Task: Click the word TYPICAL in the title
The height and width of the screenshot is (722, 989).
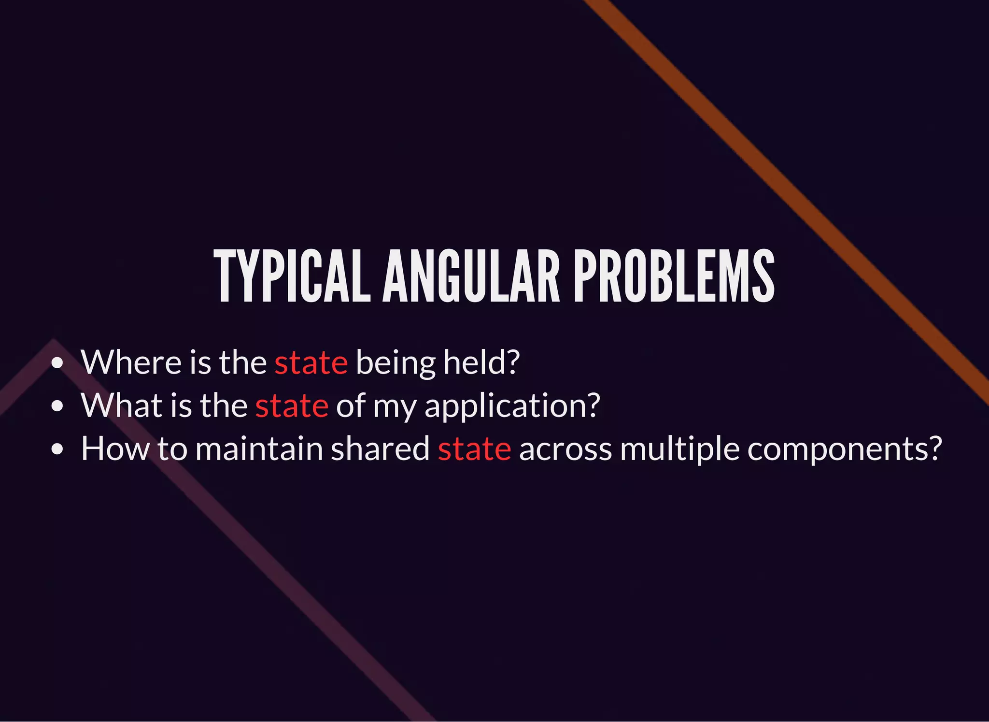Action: (x=292, y=276)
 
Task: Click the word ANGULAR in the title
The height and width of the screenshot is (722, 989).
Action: (x=471, y=276)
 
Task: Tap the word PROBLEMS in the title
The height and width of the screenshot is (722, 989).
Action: (x=674, y=276)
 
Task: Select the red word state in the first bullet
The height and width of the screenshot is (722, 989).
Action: (x=311, y=362)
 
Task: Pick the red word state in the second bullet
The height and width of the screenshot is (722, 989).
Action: (x=292, y=405)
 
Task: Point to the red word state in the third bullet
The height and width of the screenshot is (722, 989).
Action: (x=474, y=449)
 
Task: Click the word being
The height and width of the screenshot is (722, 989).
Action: (x=395, y=363)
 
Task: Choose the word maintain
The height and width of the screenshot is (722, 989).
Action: (x=259, y=448)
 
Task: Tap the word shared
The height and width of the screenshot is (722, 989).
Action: (x=380, y=448)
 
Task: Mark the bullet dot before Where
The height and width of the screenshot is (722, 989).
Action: (x=57, y=363)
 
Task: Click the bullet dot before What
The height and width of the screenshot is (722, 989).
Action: (x=57, y=406)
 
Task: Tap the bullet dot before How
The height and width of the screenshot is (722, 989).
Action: (x=57, y=449)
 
